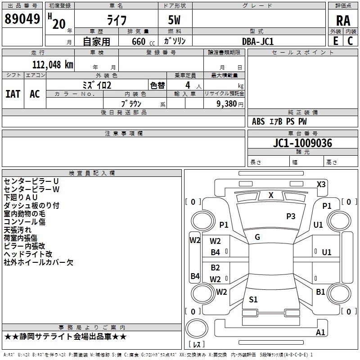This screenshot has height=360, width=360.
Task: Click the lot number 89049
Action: pyautogui.click(x=22, y=19)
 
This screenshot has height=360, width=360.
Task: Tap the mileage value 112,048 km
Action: pyautogui.click(x=53, y=64)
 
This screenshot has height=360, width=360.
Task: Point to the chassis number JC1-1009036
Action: pyautogui.click(x=302, y=144)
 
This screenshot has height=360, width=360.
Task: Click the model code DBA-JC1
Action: pyautogui.click(x=258, y=41)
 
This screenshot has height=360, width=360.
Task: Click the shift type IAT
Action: pyautogui.click(x=13, y=94)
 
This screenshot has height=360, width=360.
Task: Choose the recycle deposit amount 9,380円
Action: pyautogui.click(x=229, y=103)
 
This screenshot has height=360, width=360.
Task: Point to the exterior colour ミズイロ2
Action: pyautogui.click(x=97, y=85)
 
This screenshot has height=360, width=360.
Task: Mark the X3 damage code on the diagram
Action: pyautogui.click(x=321, y=184)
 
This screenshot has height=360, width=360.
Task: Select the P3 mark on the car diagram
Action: pyautogui.click(x=291, y=216)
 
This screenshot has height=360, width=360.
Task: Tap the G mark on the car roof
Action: pyautogui.click(x=257, y=237)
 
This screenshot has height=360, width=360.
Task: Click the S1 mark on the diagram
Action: pyautogui.click(x=253, y=299)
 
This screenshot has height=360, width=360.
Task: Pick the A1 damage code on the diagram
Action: pyautogui.click(x=320, y=333)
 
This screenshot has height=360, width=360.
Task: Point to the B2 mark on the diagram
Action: pyautogui.click(x=216, y=268)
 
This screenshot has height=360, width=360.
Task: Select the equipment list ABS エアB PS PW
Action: pyautogui.click(x=279, y=121)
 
